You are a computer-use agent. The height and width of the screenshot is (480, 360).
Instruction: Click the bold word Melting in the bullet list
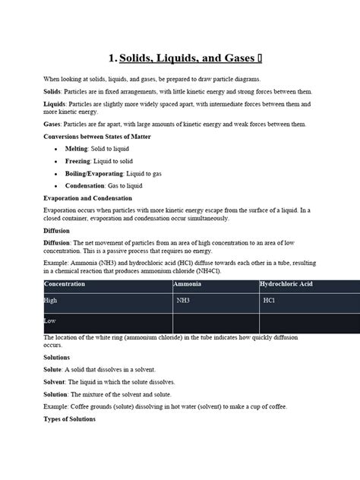77,149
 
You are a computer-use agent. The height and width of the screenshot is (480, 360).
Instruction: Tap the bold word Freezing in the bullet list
78,161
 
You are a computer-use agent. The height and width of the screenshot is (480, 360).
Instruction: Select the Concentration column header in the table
65,284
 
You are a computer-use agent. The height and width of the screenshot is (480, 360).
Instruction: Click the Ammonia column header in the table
187,284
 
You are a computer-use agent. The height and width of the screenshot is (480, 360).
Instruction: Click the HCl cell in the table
269,301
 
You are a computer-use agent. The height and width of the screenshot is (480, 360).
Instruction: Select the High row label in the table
51,301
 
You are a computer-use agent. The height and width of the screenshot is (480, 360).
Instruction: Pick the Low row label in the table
50,321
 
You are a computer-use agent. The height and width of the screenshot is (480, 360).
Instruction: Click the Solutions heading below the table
57,357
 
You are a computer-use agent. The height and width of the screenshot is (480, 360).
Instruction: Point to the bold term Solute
52,369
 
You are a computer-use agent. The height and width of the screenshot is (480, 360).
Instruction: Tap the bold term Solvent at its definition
55,382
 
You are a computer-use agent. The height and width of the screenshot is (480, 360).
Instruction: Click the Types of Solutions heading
70,418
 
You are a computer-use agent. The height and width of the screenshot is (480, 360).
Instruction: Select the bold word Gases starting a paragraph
53,124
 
